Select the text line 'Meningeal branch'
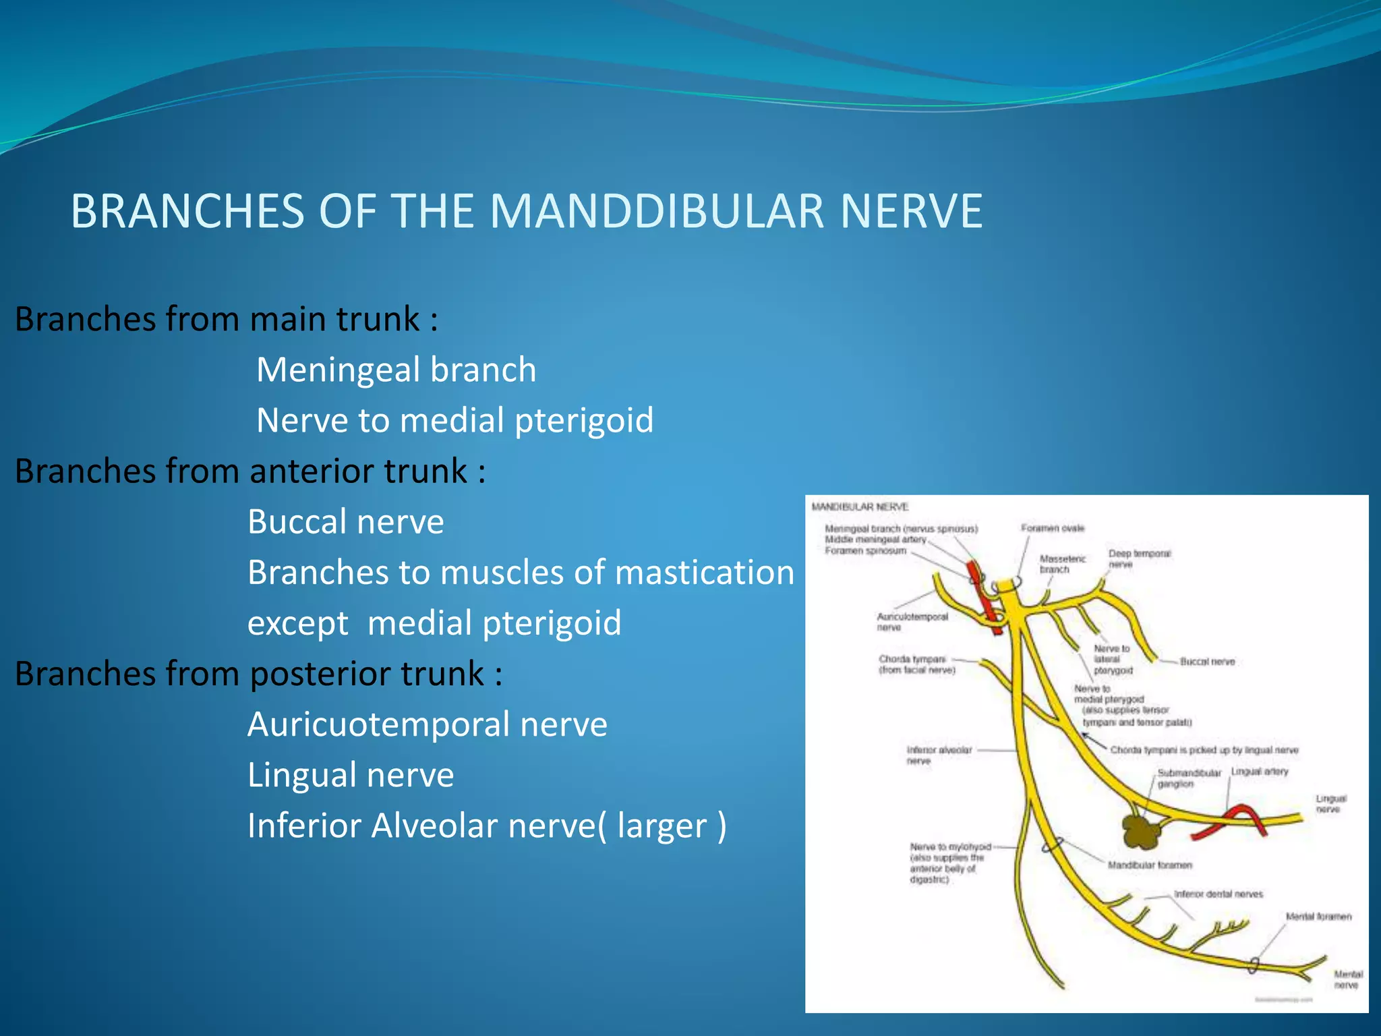tap(396, 370)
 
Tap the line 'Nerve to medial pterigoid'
tap(454, 420)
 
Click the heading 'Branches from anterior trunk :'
tap(249, 471)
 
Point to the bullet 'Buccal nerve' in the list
tap(345, 521)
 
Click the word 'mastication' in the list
tap(704, 572)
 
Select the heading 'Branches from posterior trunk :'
tap(258, 673)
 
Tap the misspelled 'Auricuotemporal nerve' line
tap(427, 724)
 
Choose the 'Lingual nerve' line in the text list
tap(350, 775)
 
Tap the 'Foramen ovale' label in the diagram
tap(1052, 528)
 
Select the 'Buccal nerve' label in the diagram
tap(1207, 662)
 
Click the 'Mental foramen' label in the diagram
tap(1318, 917)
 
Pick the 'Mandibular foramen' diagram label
tap(1150, 865)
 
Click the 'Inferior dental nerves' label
tap(1218, 894)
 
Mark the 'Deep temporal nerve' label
tap(1140, 558)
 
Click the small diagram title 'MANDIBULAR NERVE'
tap(860, 507)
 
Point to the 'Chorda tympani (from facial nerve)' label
tap(916, 664)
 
